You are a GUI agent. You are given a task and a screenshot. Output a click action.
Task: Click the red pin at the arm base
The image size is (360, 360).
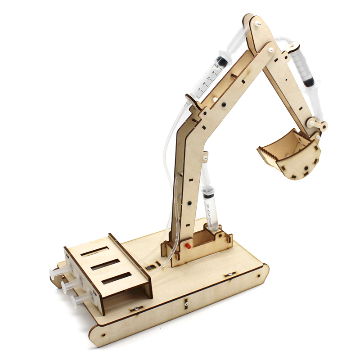pos(185,246)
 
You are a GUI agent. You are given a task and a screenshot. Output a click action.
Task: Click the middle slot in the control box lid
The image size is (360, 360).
pos(105,265)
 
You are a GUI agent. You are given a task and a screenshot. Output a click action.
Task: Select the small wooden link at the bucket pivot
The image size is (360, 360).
pos(318,124)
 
